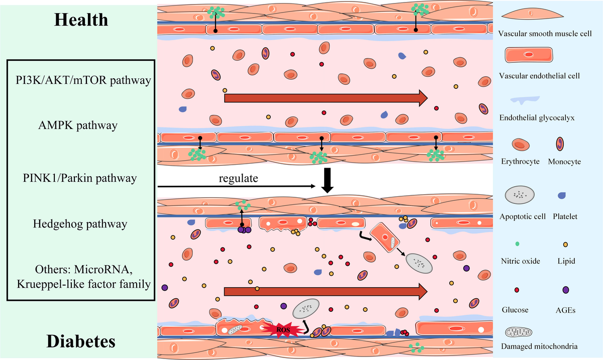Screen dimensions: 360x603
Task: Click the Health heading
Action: (81, 20)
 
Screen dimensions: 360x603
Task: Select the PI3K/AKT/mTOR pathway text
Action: (81, 80)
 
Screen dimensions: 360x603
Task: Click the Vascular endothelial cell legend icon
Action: (529, 55)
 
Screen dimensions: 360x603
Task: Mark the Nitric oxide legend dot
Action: (518, 243)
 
